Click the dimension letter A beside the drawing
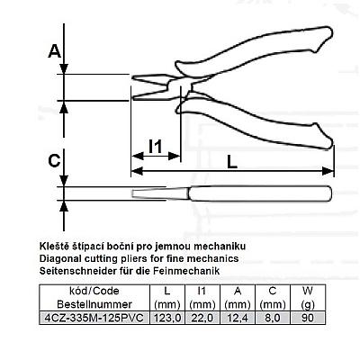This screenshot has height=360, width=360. point(55,51)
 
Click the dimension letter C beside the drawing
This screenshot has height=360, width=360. point(54,160)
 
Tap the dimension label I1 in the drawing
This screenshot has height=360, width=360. point(156,147)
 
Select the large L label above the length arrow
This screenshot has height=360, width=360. point(232,162)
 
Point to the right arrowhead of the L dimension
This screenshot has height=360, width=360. point(328,171)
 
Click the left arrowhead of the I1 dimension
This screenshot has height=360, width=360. point(138,156)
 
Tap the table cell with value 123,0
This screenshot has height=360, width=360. point(167,318)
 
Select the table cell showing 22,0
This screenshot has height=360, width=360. point(202,318)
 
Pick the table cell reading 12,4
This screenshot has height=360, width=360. point(238,318)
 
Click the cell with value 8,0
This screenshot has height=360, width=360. point(273,318)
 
